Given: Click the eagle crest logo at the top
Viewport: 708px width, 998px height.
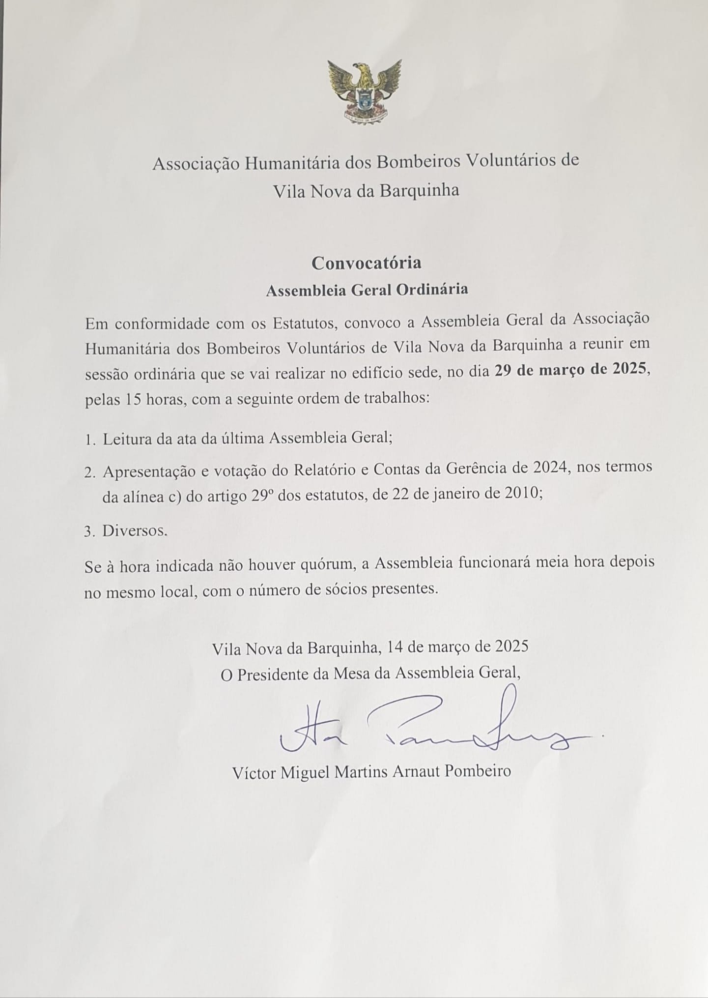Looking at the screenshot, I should coord(365,91).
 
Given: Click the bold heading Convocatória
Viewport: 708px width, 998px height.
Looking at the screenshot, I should coord(366,263).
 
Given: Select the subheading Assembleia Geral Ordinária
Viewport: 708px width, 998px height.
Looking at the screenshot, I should coord(367,290).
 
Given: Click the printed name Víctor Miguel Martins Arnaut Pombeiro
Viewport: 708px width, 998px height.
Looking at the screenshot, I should coord(371,770).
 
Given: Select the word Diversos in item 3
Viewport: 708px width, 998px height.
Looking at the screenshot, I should coord(134,531).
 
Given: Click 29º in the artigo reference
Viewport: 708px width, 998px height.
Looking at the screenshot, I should coord(264,496).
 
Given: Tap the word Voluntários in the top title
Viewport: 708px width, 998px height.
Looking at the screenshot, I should coord(521,161).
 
